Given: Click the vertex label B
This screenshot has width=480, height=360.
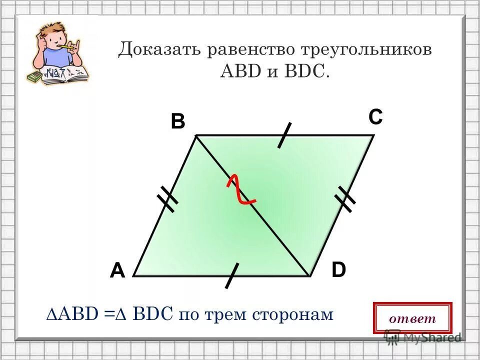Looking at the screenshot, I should tap(177, 122).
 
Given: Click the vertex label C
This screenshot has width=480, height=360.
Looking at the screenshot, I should tap(376, 118).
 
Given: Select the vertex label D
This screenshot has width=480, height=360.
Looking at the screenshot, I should tap(338, 270).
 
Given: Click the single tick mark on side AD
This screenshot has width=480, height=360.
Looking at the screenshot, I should tap(231, 275).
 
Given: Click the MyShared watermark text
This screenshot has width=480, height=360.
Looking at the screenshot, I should tap(429, 337).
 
